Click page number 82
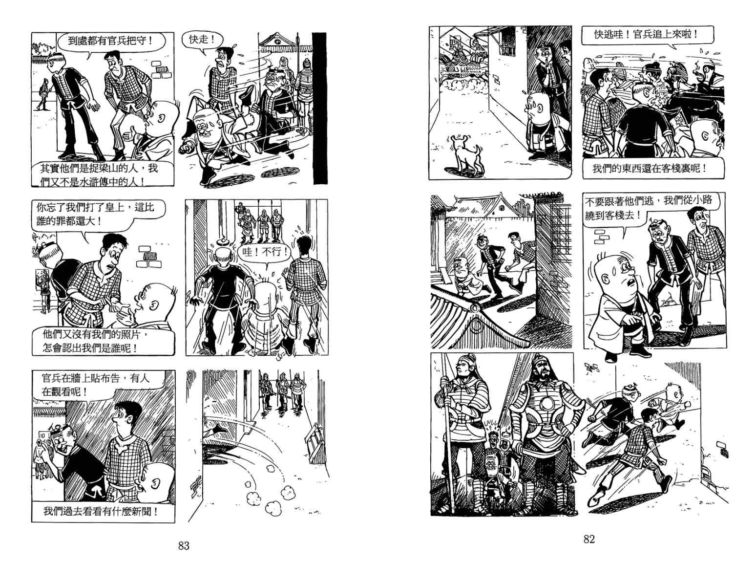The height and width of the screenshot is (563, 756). [x=589, y=539]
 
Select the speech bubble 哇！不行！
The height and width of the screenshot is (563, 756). [x=265, y=253]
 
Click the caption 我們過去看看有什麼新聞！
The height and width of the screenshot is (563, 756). [x=101, y=512]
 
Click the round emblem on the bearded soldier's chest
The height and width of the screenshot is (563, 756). [x=546, y=404]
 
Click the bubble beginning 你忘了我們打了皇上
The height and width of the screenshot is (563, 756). [x=99, y=214]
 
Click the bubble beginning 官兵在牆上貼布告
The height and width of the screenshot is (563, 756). [x=99, y=384]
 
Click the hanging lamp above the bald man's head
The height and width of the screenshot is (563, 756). [x=223, y=241]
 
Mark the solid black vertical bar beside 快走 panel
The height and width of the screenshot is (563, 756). [x=320, y=108]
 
